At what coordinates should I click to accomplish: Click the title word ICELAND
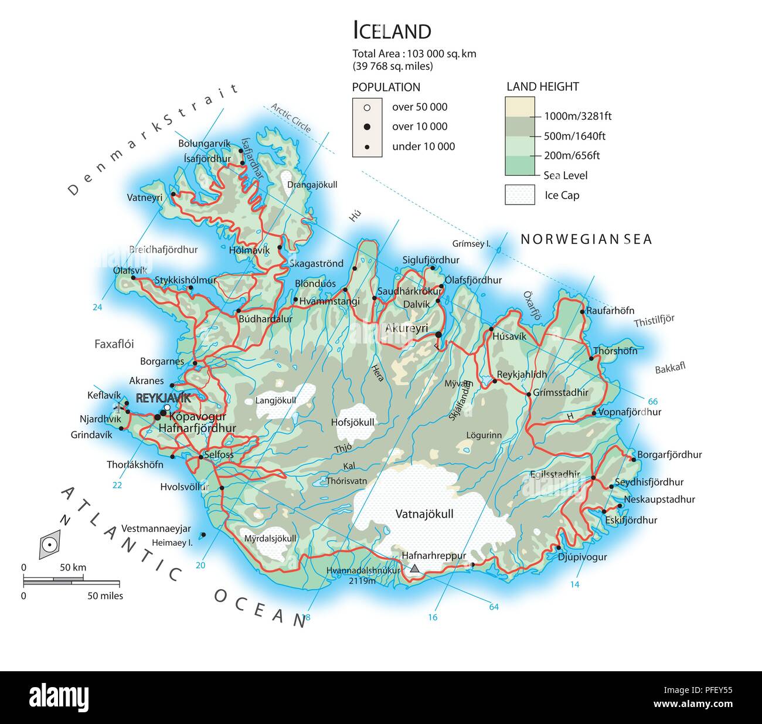coord(392,30)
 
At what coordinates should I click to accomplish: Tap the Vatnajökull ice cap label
coord(424,514)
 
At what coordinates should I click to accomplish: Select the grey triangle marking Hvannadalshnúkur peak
coord(415,568)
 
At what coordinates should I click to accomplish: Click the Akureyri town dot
coord(438,335)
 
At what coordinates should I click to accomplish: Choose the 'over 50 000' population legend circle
coord(367,107)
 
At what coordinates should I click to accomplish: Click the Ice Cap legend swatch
coord(520,195)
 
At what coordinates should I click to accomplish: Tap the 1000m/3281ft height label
coord(577,116)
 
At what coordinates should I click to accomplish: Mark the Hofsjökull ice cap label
coord(352,422)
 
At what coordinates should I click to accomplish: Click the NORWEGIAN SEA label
coord(586,239)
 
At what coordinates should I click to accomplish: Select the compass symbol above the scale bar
coord(50,544)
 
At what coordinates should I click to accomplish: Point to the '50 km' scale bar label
coord(73,567)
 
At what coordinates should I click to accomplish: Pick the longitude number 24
coord(97,308)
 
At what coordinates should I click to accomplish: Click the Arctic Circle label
coord(291,119)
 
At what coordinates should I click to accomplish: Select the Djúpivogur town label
coord(582,557)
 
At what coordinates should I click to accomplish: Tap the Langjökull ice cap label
coord(275,401)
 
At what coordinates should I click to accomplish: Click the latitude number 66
coord(652,402)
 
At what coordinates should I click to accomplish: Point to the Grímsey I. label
coord(471,243)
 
